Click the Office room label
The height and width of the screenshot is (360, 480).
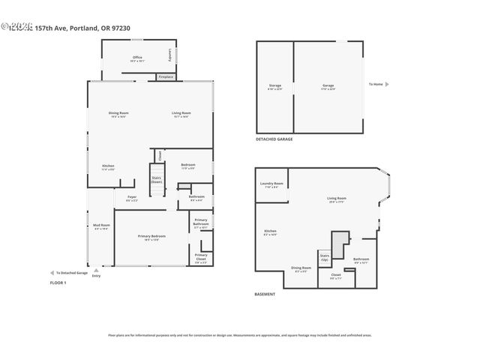click(x=137, y=58)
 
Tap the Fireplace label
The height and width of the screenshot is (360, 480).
click(x=165, y=77)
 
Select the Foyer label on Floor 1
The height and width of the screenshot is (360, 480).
click(x=130, y=199)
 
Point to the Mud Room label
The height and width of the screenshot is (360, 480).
click(x=101, y=226)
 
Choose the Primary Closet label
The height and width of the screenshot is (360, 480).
click(x=201, y=256)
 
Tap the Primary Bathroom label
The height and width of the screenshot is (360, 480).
click(x=201, y=223)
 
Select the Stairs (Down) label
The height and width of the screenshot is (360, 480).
click(x=156, y=180)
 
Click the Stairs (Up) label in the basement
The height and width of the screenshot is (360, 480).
click(x=325, y=257)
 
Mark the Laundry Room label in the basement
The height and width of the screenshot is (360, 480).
click(x=271, y=184)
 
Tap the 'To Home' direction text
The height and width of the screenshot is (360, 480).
click(x=376, y=84)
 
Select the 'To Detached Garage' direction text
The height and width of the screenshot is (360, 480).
click(x=71, y=273)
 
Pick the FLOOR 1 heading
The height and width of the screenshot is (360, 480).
click(x=58, y=283)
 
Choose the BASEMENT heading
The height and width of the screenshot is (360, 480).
click(x=265, y=294)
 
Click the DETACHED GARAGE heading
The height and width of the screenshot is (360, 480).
click(x=274, y=139)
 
